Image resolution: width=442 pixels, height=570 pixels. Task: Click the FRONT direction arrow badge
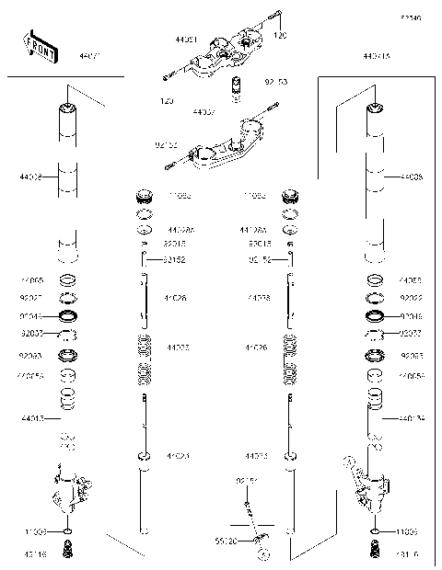pos(41,49)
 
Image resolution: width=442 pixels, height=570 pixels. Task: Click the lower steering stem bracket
pos(221,147)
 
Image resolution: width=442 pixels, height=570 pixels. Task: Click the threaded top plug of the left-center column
pos(145,197)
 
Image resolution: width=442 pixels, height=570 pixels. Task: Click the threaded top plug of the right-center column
pos(290,197)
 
